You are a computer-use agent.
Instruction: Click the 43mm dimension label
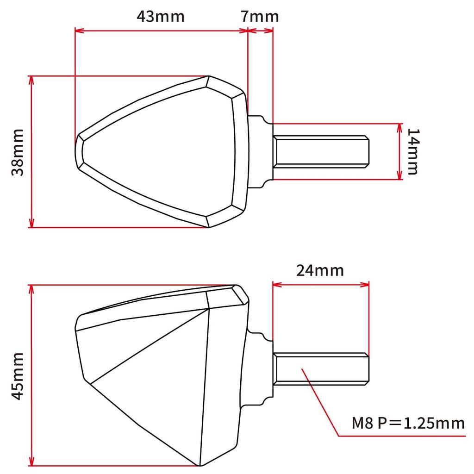pos(160,16)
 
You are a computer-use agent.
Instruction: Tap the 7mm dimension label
pos(260,16)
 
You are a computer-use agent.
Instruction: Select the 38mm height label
pos(18,152)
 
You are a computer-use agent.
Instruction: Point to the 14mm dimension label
pos(413,151)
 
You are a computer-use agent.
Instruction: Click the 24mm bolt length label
pos(320,270)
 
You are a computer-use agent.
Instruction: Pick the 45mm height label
pos(18,376)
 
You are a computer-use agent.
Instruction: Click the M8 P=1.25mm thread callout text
pos(408,423)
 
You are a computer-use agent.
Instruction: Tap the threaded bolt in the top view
pos(321,151)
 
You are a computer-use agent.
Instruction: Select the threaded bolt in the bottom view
pos(321,369)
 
